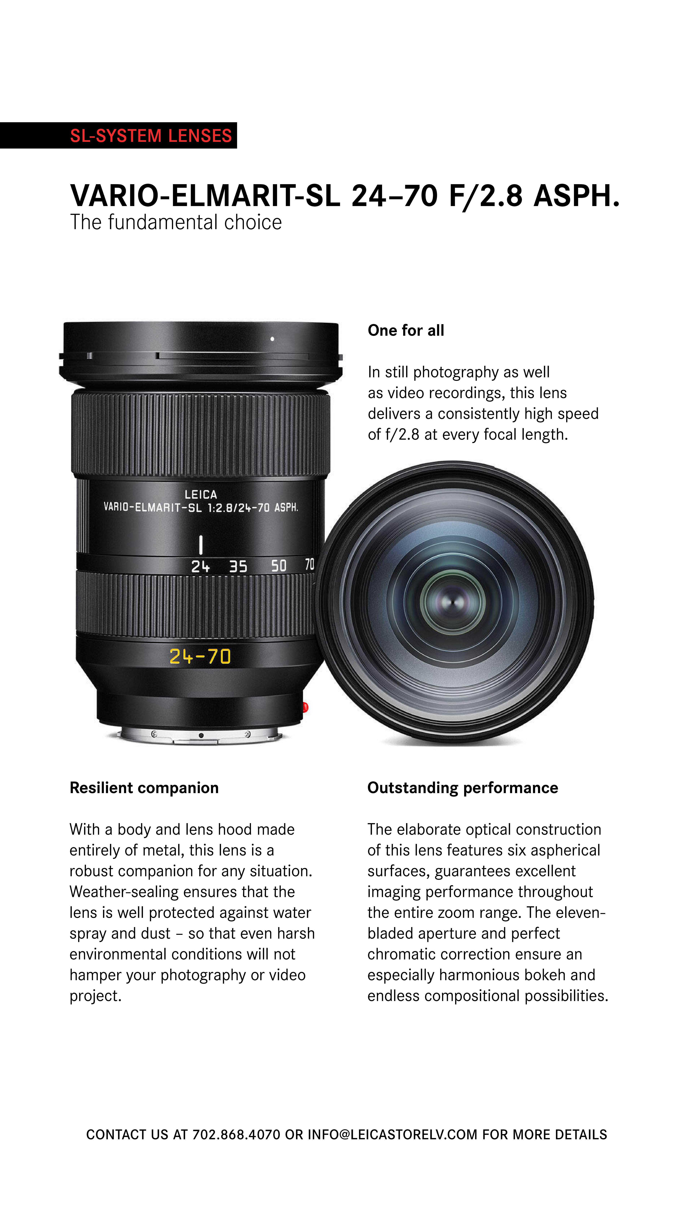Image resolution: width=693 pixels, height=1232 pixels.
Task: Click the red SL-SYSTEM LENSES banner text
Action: coord(151,136)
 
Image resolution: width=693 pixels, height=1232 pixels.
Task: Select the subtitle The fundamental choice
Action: coord(176,222)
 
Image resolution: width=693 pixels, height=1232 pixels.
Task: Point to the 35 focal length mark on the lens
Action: coord(238,567)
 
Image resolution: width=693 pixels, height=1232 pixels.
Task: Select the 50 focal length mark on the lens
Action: coord(279,566)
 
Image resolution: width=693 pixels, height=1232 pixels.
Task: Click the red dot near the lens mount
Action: coord(306,707)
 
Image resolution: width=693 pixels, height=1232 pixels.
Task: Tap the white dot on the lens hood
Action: coord(272,339)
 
